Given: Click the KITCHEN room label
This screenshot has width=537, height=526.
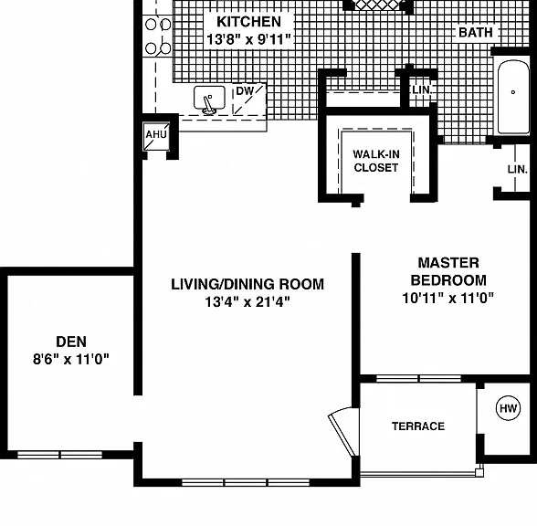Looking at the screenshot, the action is [x=249, y=22].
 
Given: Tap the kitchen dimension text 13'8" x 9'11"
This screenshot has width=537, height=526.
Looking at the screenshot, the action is [x=249, y=39].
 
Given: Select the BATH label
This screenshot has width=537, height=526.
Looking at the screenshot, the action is [x=476, y=33].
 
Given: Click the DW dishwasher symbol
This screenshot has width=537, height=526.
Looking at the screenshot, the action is [x=249, y=100].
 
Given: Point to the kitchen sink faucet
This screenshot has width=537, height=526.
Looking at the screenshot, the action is [x=208, y=104].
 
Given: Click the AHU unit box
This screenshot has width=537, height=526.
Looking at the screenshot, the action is [x=156, y=136].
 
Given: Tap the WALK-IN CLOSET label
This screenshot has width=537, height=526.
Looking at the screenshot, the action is [x=376, y=161].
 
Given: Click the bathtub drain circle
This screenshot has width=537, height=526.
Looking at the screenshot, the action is [x=513, y=92].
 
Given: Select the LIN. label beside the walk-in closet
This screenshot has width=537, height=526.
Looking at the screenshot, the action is [x=423, y=90].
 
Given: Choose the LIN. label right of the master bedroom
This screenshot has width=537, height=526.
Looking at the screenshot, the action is [x=518, y=169].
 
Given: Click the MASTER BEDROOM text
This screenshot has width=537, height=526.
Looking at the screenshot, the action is [x=448, y=271].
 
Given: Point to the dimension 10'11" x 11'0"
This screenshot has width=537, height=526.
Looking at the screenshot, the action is [x=448, y=299].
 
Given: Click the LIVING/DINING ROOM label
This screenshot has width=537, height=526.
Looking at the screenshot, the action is [x=247, y=284].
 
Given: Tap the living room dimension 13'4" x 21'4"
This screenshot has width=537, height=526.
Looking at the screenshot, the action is [x=247, y=302].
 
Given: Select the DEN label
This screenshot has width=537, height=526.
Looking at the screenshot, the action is [x=71, y=342].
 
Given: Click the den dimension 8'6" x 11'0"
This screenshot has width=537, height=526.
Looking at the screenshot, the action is [x=71, y=360].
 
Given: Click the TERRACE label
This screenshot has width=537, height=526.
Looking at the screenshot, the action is [x=418, y=426].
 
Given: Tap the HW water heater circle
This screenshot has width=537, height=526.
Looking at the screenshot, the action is [x=508, y=408].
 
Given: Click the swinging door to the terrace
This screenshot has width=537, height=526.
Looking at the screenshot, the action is [x=343, y=432].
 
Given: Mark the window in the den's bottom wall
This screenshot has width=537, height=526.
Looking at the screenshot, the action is [x=59, y=455].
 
